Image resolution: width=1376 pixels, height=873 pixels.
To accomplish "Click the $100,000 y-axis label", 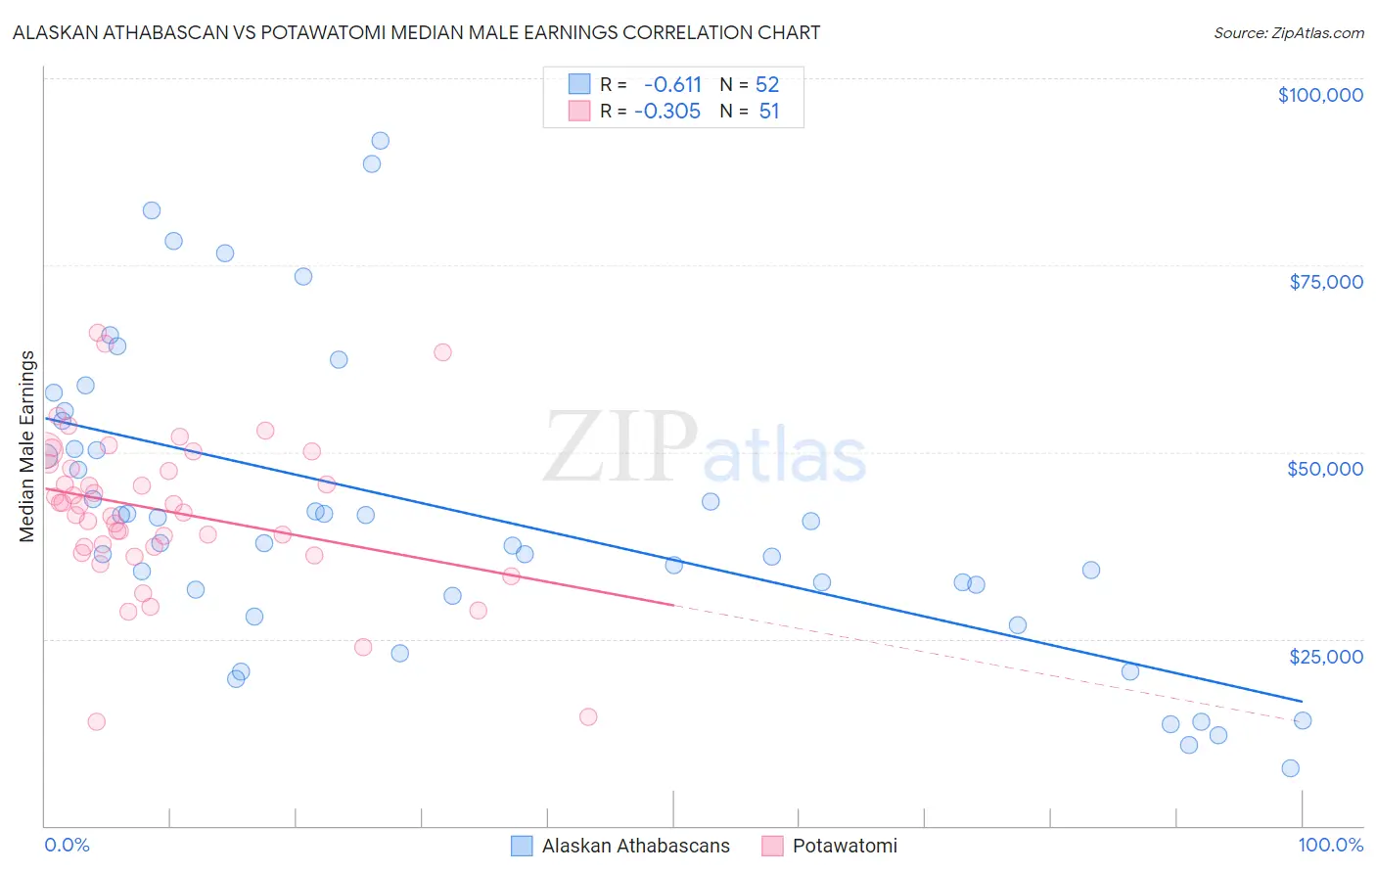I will (1320, 95).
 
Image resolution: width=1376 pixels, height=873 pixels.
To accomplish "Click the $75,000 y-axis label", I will (1325, 282).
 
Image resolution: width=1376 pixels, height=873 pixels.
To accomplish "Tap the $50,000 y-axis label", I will (1325, 469).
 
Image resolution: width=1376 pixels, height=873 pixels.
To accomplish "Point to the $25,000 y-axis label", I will (1325, 656).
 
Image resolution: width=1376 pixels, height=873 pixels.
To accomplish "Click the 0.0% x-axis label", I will (67, 845).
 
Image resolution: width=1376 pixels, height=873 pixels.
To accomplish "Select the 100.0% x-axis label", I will (1330, 845).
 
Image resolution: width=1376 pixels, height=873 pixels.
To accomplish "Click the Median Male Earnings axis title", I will (27, 445).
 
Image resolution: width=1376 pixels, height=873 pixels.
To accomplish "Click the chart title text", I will (416, 32).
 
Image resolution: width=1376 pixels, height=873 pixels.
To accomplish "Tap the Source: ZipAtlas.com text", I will (1288, 32).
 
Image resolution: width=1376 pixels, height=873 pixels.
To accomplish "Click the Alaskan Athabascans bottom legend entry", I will (635, 846).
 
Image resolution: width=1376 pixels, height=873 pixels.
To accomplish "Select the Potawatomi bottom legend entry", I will (844, 846).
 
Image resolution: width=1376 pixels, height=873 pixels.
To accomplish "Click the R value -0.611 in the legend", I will (672, 84).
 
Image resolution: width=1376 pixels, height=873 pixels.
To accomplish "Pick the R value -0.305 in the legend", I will (667, 111).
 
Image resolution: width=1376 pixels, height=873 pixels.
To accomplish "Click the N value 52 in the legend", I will (767, 84).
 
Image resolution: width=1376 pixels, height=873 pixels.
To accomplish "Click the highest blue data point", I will (381, 141).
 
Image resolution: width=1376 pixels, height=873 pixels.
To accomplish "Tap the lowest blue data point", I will (1290, 768).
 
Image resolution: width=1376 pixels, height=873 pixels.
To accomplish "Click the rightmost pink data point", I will (588, 716).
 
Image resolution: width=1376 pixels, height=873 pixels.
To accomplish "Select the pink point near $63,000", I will (442, 352).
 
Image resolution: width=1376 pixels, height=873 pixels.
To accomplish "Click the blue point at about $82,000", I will (152, 210).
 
